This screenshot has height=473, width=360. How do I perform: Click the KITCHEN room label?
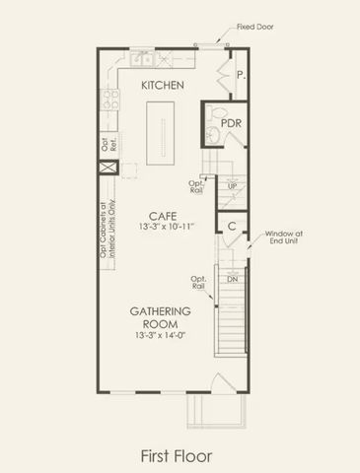pos(163,86)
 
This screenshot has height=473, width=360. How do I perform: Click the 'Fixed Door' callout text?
pos(257,29)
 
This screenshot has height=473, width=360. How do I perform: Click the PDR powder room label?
pos(232,122)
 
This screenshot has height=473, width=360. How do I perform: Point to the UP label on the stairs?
pos(232,185)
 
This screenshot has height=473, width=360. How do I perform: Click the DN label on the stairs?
pos(233,280)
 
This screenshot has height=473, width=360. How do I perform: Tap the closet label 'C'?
pos(232,226)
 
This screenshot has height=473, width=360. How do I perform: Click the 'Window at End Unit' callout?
pos(282,239)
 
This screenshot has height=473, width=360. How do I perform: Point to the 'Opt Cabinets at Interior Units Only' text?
pos(107,228)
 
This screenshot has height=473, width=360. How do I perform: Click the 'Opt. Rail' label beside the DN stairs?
pos(198,283)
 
